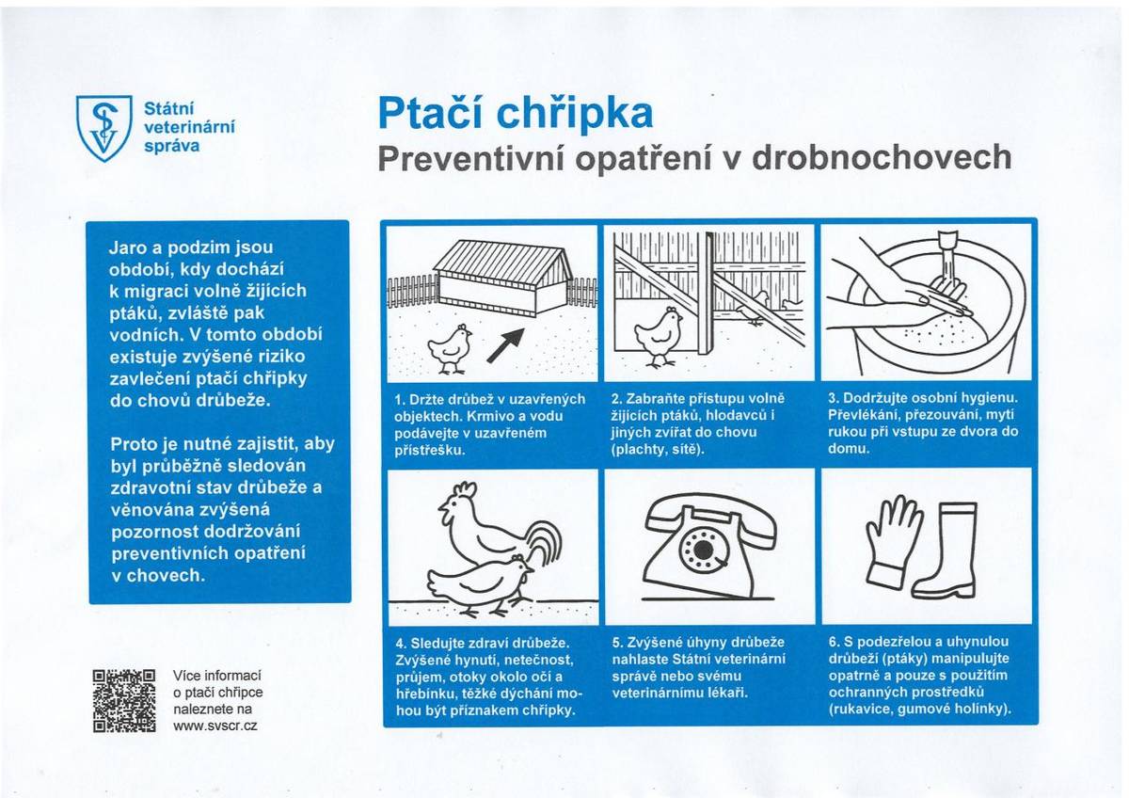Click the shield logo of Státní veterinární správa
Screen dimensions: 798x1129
point(103,127)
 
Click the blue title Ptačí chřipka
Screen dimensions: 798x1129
point(515,114)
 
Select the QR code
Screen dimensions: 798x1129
point(124,700)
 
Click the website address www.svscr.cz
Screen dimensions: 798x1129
point(215,726)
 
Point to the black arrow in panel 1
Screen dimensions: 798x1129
point(505,345)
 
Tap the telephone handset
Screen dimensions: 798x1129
point(710,513)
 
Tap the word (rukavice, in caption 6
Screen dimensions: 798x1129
point(861,709)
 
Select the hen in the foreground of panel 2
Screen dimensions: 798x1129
point(658,334)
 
